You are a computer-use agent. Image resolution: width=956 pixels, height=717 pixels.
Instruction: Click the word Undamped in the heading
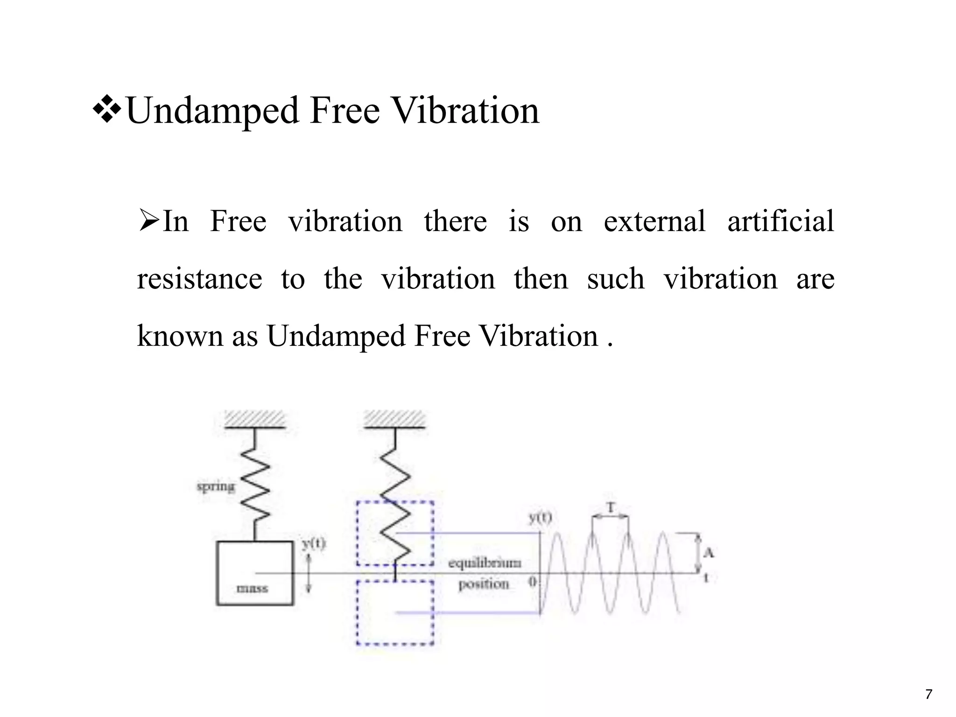tap(212, 111)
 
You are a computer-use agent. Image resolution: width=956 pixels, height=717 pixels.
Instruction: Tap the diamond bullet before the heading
tap(107, 110)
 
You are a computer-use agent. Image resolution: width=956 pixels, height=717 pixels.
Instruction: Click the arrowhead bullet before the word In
tap(149, 220)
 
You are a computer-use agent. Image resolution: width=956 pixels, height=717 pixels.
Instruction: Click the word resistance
tap(199, 279)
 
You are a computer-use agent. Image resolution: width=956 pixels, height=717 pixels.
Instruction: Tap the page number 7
tap(928, 694)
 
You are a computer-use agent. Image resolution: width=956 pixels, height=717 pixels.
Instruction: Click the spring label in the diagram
tap(216, 487)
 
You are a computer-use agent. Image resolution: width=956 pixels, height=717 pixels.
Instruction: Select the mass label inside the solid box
tap(253, 588)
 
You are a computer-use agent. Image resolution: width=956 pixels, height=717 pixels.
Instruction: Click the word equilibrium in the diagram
tap(485, 563)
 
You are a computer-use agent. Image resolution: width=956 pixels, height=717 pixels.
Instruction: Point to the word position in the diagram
tap(484, 584)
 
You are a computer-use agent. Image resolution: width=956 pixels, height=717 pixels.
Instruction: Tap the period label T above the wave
tap(610, 507)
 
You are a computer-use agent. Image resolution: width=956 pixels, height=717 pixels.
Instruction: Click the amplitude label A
tap(709, 553)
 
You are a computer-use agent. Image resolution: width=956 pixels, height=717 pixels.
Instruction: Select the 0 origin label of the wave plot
tap(533, 582)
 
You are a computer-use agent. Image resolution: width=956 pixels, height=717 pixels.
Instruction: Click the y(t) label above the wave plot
tap(540, 517)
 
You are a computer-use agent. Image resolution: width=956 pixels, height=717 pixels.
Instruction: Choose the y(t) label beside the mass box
tap(313, 543)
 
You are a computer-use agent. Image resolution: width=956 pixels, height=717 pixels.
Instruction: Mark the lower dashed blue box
tap(395, 612)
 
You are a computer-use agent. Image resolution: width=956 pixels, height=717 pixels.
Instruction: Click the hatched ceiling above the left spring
tap(254, 419)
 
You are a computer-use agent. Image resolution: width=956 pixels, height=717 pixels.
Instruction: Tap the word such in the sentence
tap(615, 279)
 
